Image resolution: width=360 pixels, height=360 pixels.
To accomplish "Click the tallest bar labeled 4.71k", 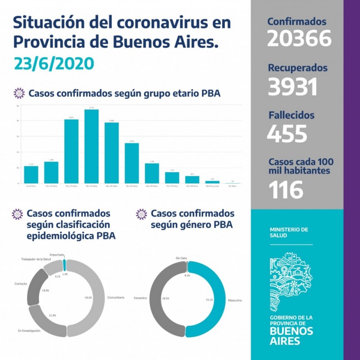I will point(91,146).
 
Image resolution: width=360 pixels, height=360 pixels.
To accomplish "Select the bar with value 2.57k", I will point(131,163).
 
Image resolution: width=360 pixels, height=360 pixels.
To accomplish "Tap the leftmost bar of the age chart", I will point(31,175).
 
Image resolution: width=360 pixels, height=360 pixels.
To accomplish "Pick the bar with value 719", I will point(172,177).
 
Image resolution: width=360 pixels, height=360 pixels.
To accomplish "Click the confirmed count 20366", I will point(299,39).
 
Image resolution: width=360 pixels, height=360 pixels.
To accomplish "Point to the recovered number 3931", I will point(292,87).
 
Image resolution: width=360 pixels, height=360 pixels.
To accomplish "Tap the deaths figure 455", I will point(287,134).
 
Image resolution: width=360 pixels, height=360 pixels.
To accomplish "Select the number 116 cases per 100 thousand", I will point(285,190).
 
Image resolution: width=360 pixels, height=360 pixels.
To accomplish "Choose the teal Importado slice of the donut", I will point(64,265).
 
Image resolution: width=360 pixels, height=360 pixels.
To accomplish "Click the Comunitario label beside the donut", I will point(116,297).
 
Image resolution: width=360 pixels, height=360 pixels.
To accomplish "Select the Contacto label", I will point(21,284).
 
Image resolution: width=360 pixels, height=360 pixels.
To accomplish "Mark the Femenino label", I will point(140,298).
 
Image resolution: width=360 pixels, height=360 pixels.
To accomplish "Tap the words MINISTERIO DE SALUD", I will point(289,232).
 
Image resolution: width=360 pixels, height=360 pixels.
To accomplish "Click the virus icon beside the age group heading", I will point(19,93).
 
